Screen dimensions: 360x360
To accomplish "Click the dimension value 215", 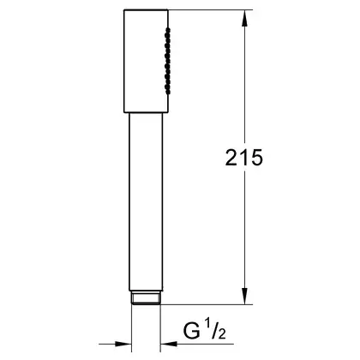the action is [243, 158].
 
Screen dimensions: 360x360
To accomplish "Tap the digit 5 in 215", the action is [256, 158].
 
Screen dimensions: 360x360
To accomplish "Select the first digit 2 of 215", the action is [231, 158].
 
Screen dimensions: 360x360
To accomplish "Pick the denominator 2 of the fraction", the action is [221, 334].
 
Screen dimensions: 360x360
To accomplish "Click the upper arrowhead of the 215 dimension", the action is [244, 19].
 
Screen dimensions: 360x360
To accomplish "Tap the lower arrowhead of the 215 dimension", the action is [244, 296].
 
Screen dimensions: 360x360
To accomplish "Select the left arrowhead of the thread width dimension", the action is [123, 344].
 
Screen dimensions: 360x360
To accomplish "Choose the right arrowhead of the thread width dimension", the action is [169, 344].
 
